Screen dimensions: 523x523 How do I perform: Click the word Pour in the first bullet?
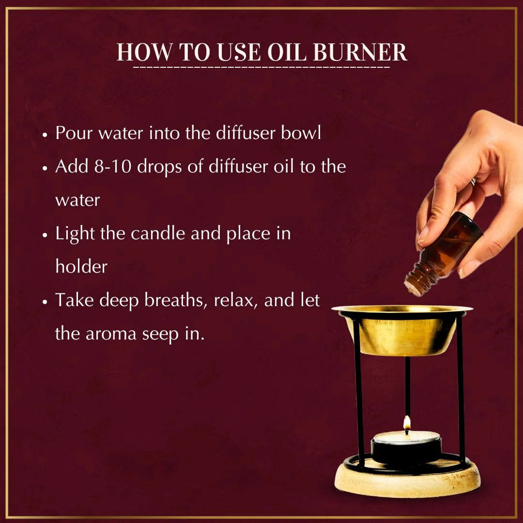coord(74,133)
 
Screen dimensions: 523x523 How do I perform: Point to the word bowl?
coord(301,133)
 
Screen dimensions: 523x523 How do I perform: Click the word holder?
coord(81,267)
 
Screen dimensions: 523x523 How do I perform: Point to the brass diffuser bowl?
coord(402,332)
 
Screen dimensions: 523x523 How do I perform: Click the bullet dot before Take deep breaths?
coord(45,301)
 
